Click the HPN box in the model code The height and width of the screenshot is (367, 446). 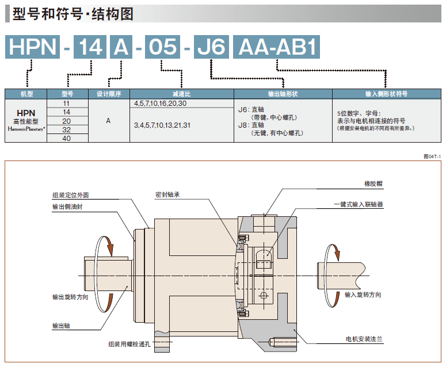click(32, 47)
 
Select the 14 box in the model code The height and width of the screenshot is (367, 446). click(90, 47)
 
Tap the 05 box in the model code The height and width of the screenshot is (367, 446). click(162, 47)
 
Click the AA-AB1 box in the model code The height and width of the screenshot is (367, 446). click(276, 47)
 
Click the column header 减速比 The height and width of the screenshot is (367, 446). click(181, 94)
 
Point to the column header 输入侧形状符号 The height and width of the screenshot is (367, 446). click(386, 94)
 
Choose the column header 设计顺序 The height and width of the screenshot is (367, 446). click(109, 94)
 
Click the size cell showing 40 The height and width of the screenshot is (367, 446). click(66, 138)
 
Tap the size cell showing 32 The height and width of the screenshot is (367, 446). click(66, 129)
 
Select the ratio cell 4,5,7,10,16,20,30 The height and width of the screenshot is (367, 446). click(160, 103)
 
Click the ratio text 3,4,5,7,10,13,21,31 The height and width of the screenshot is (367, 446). click(162, 125)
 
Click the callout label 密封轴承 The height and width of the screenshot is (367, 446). click(168, 194)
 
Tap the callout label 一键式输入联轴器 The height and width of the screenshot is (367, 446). click(359, 204)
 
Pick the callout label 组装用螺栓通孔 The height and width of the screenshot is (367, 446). click(129, 344)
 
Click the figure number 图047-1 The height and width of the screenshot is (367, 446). click(431, 156)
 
